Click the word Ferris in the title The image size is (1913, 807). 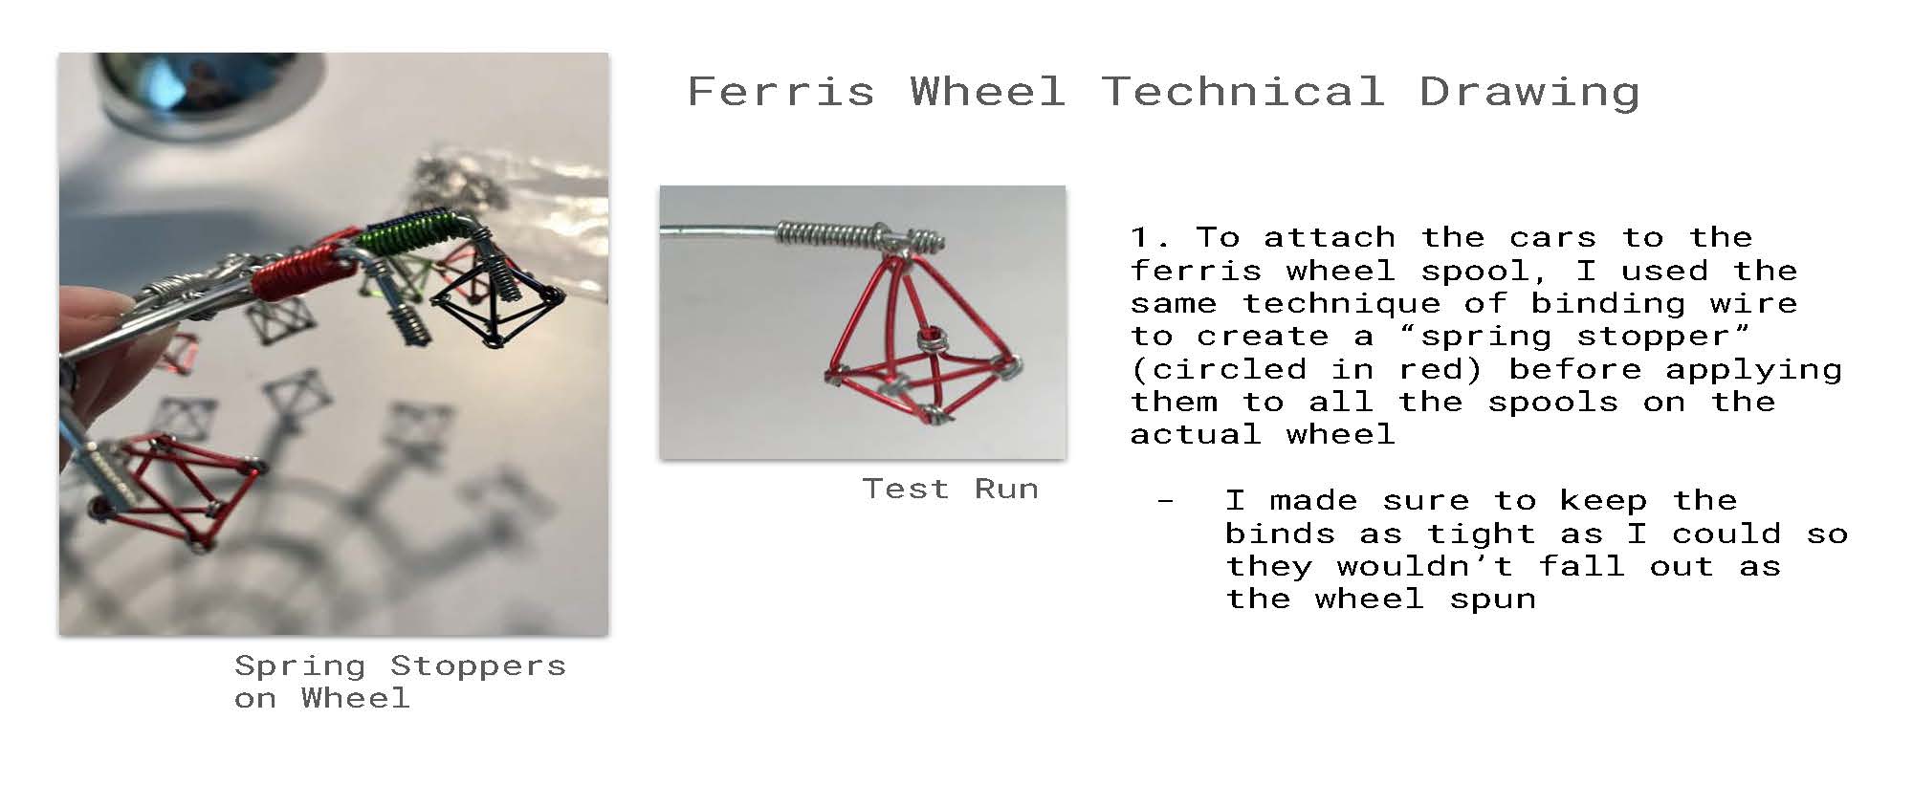pyautogui.click(x=781, y=92)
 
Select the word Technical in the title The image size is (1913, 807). pyautogui.click(x=1242, y=92)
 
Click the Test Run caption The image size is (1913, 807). pyautogui.click(x=950, y=489)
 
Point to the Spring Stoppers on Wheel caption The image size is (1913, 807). pyautogui.click(x=400, y=682)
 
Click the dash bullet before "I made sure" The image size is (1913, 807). pyautogui.click(x=1164, y=501)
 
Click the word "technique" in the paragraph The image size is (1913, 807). pyautogui.click(x=1341, y=304)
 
